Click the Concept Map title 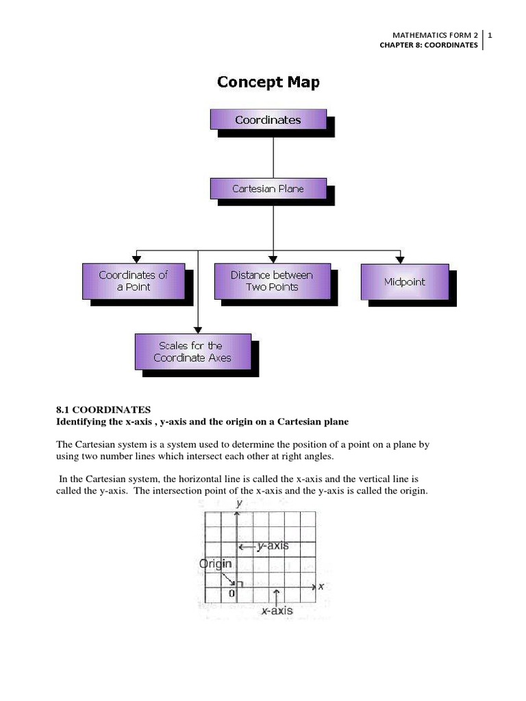(x=268, y=82)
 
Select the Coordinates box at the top (x=268, y=120)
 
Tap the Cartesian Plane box (x=268, y=189)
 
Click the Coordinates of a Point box (x=134, y=281)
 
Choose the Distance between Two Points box (x=272, y=281)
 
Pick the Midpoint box (x=405, y=281)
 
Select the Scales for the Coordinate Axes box (x=192, y=352)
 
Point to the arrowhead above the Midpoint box (x=399, y=258)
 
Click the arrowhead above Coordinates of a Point (x=136, y=258)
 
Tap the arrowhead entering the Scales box (x=198, y=329)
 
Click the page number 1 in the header (x=491, y=35)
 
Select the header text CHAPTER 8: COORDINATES (x=429, y=45)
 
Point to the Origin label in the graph (x=215, y=564)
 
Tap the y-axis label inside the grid (x=273, y=546)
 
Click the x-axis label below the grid (x=277, y=611)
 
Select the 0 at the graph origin (x=231, y=594)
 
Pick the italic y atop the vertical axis (x=238, y=503)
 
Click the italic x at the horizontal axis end (x=321, y=586)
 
